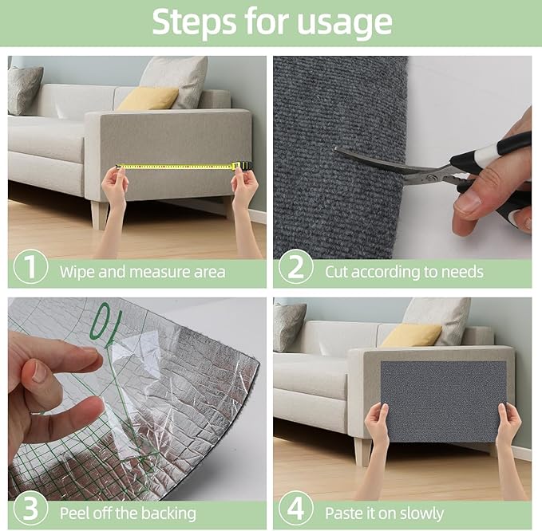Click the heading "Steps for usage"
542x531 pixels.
click(x=271, y=23)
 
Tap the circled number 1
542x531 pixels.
click(x=30, y=268)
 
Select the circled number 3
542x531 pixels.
click(x=30, y=509)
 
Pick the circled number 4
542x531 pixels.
click(x=295, y=509)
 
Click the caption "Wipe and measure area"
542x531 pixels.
click(x=142, y=272)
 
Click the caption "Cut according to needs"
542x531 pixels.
click(x=404, y=272)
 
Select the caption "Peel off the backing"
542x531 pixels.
click(x=128, y=512)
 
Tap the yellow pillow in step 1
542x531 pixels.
click(x=148, y=98)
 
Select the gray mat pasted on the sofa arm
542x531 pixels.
click(x=443, y=400)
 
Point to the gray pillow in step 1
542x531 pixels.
click(x=25, y=89)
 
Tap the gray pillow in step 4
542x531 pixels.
click(x=289, y=325)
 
